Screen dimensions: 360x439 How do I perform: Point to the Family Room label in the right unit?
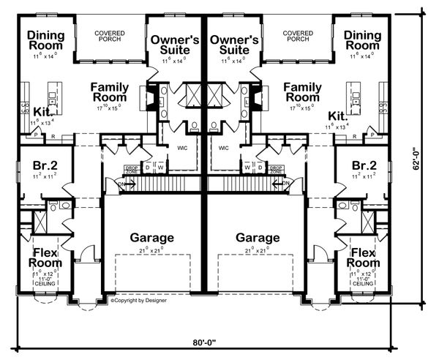301,92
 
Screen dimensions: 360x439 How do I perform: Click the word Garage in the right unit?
258,238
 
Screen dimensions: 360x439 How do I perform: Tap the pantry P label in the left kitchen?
37,136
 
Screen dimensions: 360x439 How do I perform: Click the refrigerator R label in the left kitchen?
53,136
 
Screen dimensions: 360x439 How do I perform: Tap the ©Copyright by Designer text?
140,301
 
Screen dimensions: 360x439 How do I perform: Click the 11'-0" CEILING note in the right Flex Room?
364,280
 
